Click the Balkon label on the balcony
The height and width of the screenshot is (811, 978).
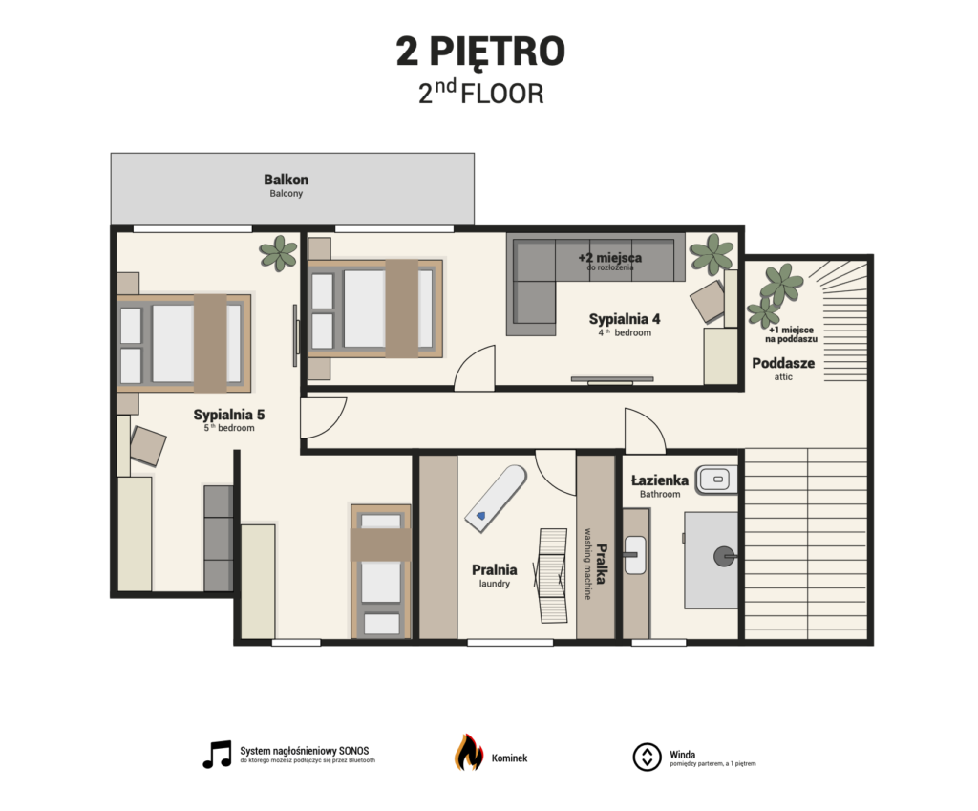pyautogui.click(x=286, y=180)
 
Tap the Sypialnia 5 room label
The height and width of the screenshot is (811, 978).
pyautogui.click(x=229, y=415)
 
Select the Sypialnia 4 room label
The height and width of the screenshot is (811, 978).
pyautogui.click(x=625, y=319)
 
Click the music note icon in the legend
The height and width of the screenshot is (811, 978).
pyautogui.click(x=217, y=755)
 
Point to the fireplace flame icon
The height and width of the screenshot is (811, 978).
pyautogui.click(x=468, y=753)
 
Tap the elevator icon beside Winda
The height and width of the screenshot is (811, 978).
pyautogui.click(x=647, y=757)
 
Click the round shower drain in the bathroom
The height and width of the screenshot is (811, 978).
pyautogui.click(x=724, y=556)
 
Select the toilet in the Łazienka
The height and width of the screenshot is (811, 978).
pyautogui.click(x=717, y=480)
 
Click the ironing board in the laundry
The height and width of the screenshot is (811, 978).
pyautogui.click(x=496, y=499)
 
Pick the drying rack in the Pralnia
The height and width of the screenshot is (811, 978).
pyautogui.click(x=552, y=576)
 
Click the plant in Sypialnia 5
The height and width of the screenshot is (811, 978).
pyautogui.click(x=278, y=252)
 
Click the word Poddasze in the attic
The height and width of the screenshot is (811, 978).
pyautogui.click(x=783, y=363)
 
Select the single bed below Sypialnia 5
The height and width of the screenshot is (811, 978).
pyautogui.click(x=381, y=571)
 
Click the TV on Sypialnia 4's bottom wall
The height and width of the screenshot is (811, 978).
pyautogui.click(x=612, y=379)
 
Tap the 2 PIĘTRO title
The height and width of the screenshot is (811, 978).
pyautogui.click(x=480, y=52)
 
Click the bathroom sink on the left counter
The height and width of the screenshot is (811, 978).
pyautogui.click(x=635, y=555)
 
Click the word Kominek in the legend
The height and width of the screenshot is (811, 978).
pyautogui.click(x=509, y=758)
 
